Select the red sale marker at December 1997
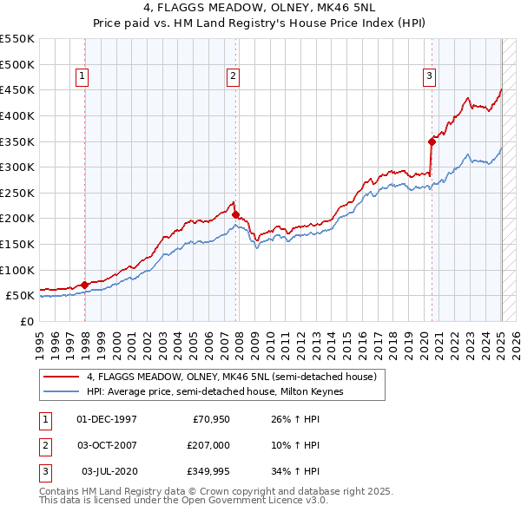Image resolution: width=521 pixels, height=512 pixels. (x=84, y=285)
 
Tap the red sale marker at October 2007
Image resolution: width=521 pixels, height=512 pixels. (x=235, y=214)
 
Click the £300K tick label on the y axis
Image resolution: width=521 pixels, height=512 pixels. (x=17, y=167)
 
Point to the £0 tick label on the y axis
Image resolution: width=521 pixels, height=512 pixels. (x=27, y=321)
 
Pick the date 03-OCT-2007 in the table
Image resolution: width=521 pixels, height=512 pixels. (x=106, y=445)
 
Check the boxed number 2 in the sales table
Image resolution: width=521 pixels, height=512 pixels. (x=44, y=445)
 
